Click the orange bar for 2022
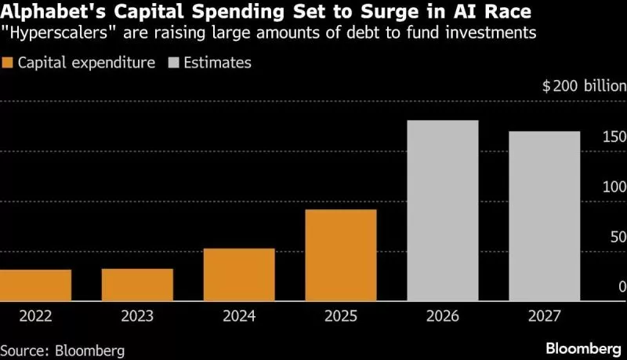point(35,285)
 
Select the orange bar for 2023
point(137,285)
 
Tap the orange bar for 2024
point(239,275)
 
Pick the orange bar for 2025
point(341,255)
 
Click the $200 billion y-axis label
point(584,87)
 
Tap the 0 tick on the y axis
point(622,288)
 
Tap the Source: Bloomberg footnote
point(63,349)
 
